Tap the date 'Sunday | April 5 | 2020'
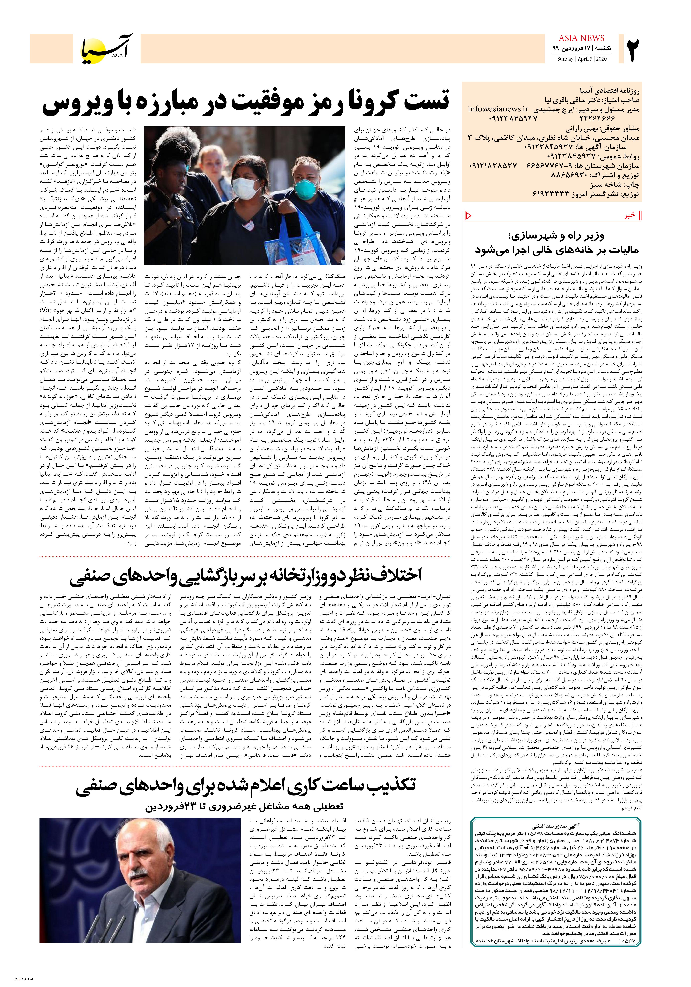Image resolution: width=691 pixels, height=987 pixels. [582, 59]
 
